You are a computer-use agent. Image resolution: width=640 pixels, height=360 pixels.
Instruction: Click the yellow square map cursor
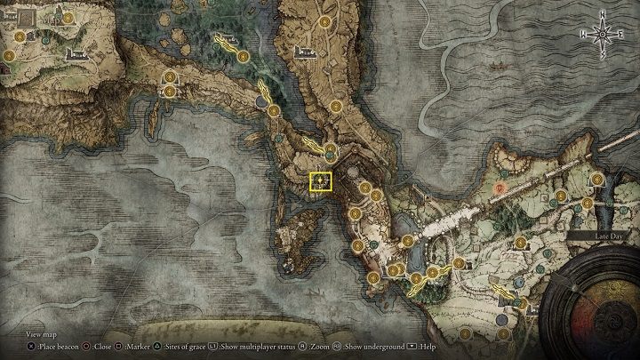[320, 183]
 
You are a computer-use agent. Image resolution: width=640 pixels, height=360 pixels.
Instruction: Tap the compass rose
[603, 34]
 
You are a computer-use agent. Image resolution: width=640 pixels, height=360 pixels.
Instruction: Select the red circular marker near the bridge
[500, 188]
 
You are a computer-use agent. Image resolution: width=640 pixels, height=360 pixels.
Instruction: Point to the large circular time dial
[596, 307]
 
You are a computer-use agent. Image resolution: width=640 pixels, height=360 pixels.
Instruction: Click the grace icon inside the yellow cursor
[320, 183]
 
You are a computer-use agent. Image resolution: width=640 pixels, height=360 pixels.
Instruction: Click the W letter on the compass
[581, 34]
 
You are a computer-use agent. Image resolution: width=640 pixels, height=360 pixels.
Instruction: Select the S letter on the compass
[603, 55]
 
